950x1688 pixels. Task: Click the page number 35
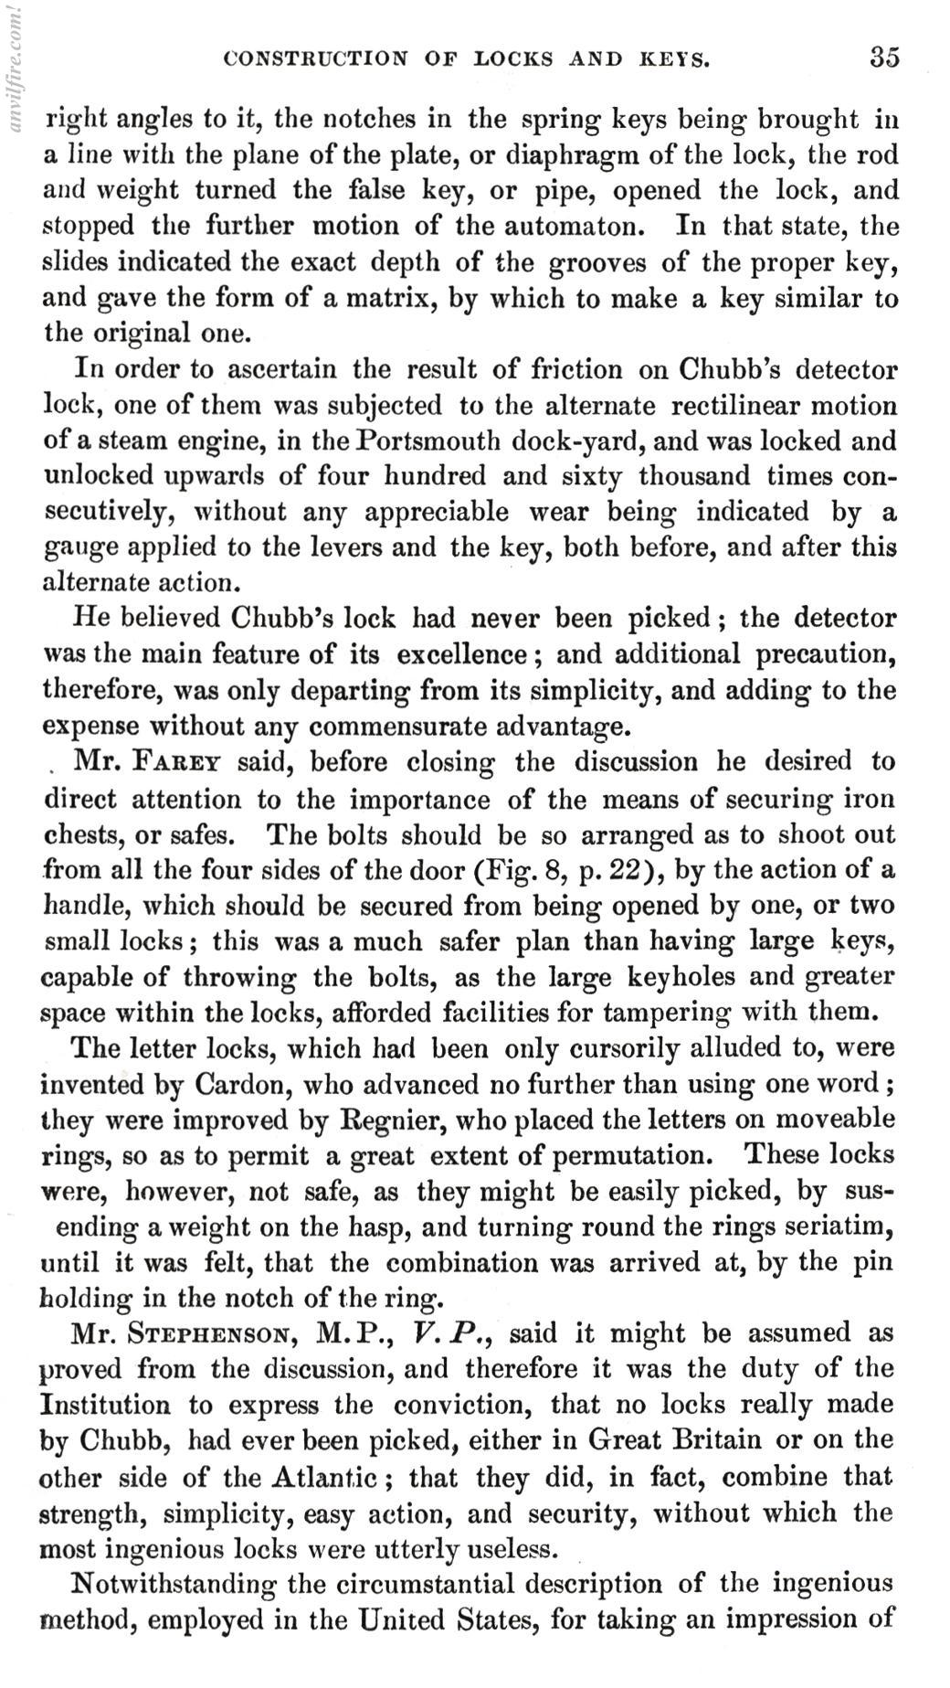[883, 58]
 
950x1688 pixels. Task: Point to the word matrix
[378, 298]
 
